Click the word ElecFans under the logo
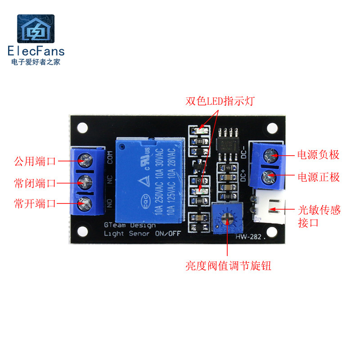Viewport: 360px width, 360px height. pos(36,51)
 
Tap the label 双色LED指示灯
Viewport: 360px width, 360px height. pos(220,101)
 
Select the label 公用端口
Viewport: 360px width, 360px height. pos(35,161)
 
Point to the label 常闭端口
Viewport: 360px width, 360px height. pos(35,183)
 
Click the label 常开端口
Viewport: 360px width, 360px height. pos(35,203)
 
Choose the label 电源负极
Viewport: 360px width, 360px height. pos(318,155)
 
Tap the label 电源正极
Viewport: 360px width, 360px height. pos(318,177)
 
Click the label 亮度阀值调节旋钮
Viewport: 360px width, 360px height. pos(229,266)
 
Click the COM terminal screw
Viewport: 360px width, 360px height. pos(84,159)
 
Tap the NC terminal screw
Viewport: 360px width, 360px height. pos(84,181)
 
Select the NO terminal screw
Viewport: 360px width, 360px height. pos(84,204)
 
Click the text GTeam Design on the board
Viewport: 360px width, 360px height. pos(130,225)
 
